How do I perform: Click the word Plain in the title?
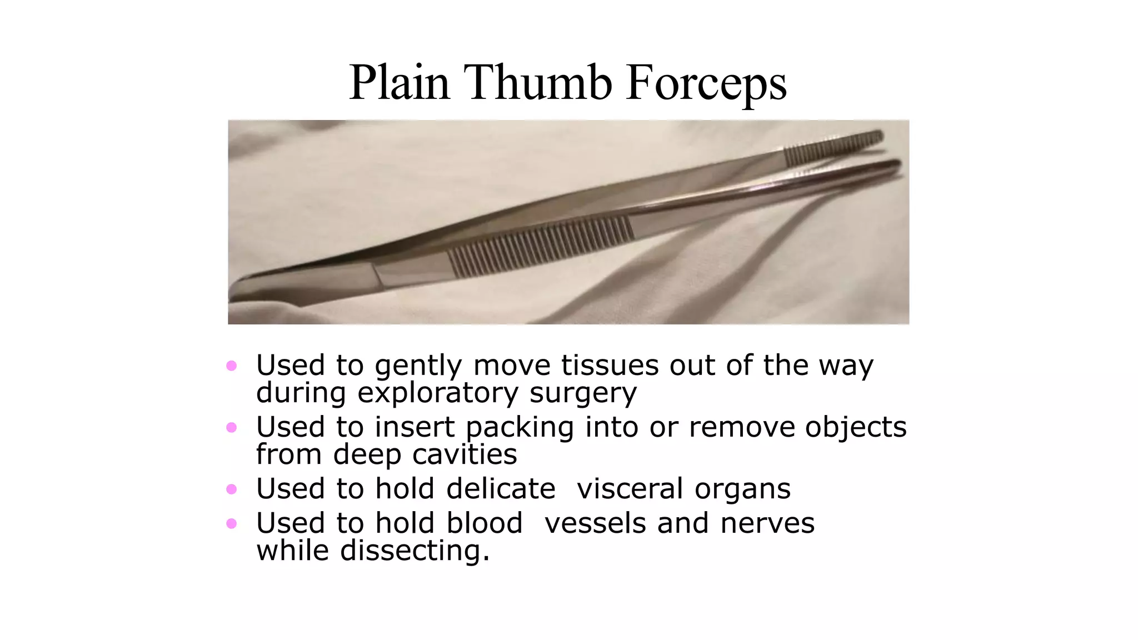[x=399, y=83]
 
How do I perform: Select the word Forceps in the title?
[x=706, y=83]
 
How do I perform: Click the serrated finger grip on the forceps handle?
[x=542, y=246]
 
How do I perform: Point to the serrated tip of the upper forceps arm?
[x=833, y=147]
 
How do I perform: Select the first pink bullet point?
[x=232, y=366]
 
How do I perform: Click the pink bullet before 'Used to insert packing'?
[x=232, y=427]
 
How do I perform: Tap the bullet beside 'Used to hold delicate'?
[x=232, y=489]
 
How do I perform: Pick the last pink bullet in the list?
[x=232, y=523]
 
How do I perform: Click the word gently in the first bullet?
[x=418, y=367]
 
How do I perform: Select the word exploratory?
[x=437, y=393]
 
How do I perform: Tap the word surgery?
[x=583, y=393]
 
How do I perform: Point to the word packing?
[x=520, y=428]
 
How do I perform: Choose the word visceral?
[x=630, y=489]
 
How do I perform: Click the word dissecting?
[x=415, y=551]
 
